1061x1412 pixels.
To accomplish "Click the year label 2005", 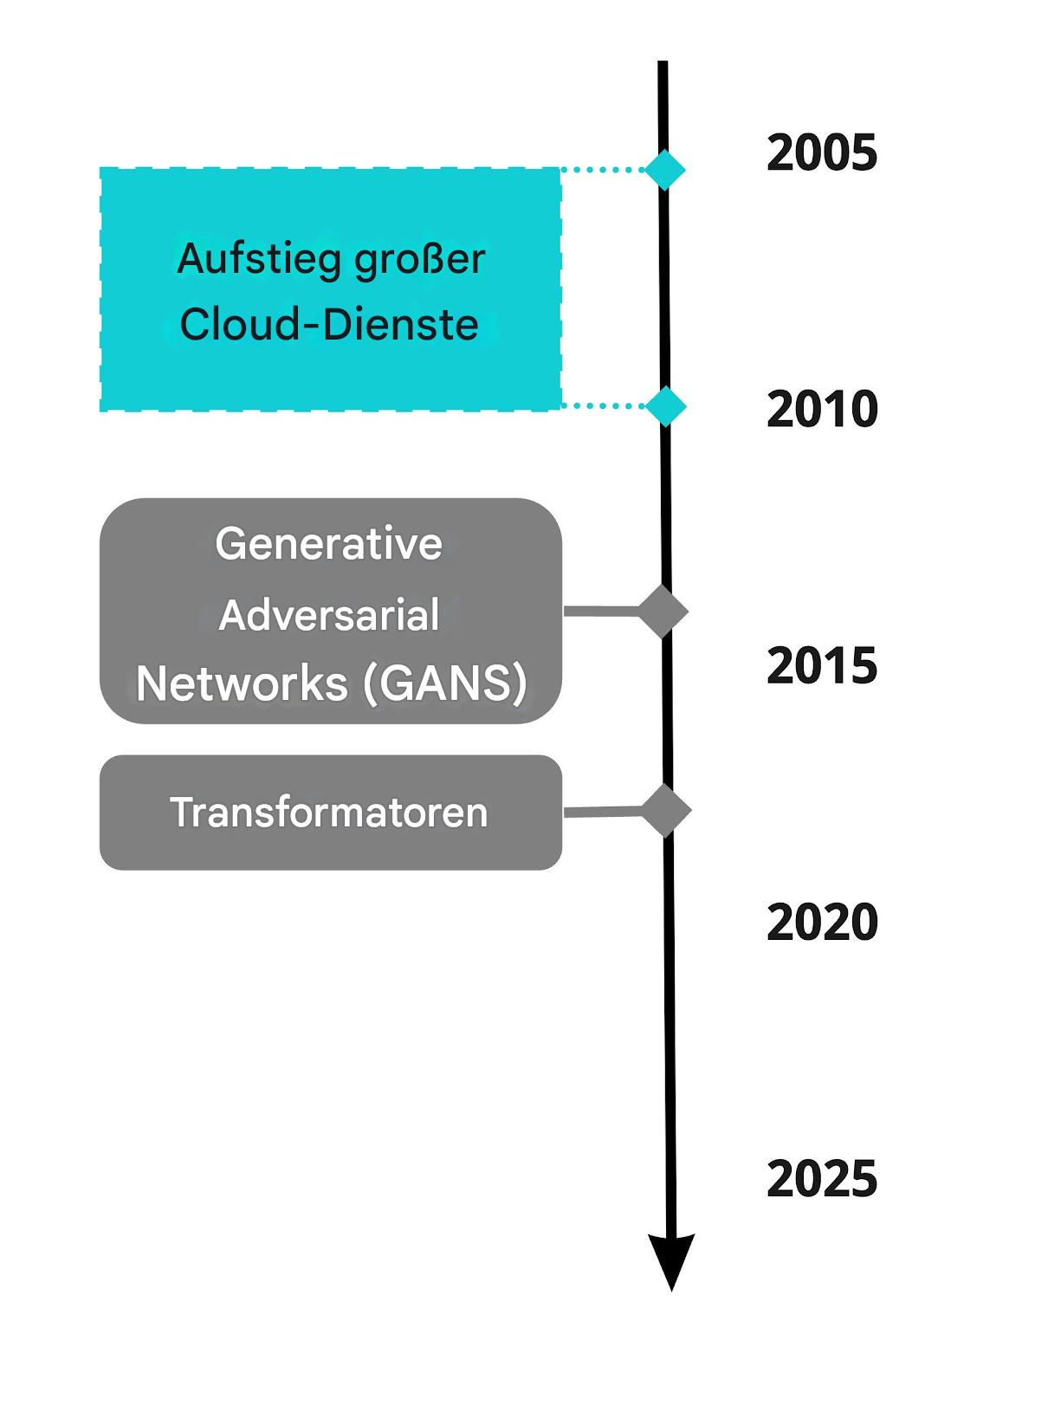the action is (822, 153).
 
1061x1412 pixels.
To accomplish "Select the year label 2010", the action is (822, 409).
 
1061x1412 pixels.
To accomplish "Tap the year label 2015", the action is (822, 665).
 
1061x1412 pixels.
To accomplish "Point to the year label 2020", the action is (822, 922).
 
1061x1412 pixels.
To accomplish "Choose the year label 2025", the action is (822, 1178).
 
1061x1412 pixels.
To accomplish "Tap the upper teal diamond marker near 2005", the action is (665, 170).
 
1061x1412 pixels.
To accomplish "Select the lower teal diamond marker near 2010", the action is (665, 406).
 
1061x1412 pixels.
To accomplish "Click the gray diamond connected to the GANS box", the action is (663, 611).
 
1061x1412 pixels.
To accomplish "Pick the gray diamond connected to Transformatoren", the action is (665, 811).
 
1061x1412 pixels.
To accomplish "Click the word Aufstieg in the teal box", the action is (259, 260).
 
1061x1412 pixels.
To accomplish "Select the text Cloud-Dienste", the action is (329, 324).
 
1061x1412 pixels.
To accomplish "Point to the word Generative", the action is (329, 543).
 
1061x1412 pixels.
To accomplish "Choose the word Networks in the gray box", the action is (242, 683).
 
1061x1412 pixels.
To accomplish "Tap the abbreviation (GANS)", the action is (445, 683).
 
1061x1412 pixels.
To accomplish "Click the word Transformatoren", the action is (329, 812).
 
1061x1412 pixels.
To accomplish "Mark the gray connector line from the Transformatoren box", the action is (603, 812).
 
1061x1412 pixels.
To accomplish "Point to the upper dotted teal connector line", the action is (603, 170).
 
